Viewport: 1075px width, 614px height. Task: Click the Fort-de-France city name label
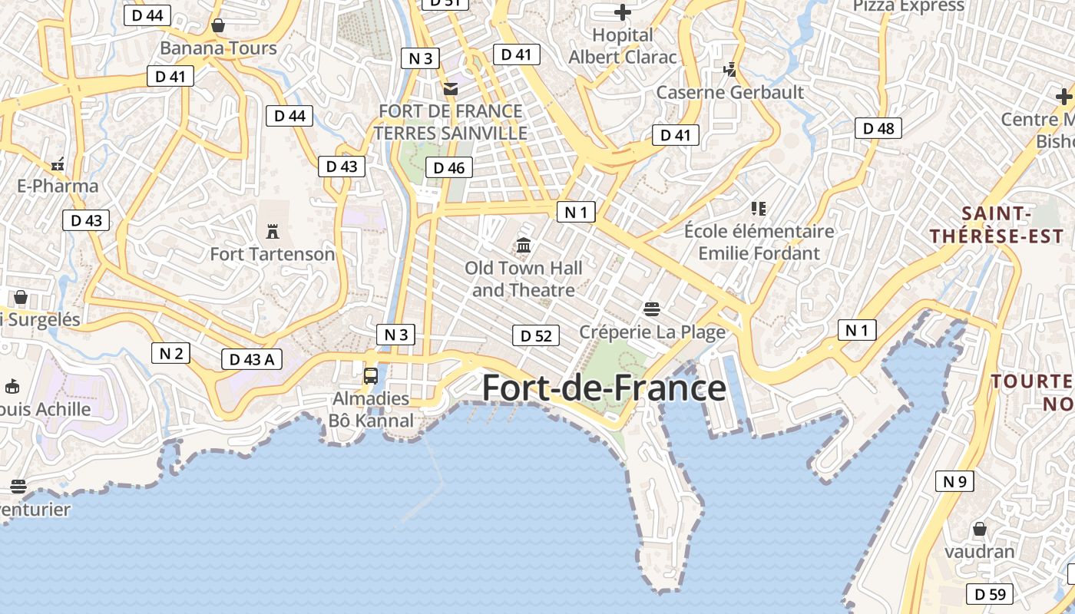[x=604, y=388]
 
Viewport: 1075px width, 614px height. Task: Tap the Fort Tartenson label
[x=273, y=254]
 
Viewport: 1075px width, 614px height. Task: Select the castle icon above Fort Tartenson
[x=272, y=230]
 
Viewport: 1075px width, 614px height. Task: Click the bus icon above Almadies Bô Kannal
[x=371, y=376]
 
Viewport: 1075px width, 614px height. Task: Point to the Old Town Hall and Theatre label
[x=524, y=279]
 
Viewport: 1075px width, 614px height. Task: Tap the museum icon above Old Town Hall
[x=524, y=246]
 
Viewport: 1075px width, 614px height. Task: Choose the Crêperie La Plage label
[x=652, y=332]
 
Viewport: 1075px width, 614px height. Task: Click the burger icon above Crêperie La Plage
[x=652, y=309]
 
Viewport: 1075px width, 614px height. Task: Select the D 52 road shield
[x=536, y=335]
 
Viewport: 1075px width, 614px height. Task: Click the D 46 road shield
[x=449, y=167]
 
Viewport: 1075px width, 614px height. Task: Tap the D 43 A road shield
[x=252, y=359]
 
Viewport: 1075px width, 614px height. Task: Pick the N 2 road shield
[x=170, y=353]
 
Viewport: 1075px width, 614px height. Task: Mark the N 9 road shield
[x=954, y=482]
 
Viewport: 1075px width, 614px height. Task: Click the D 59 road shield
[x=990, y=594]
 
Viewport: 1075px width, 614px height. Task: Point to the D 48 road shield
[x=878, y=128]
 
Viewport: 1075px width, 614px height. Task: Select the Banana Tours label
[x=218, y=48]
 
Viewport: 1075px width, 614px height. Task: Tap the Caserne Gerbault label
[x=729, y=93]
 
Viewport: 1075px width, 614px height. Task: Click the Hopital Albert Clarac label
[x=623, y=46]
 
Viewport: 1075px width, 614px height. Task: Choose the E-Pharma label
[x=58, y=187]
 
